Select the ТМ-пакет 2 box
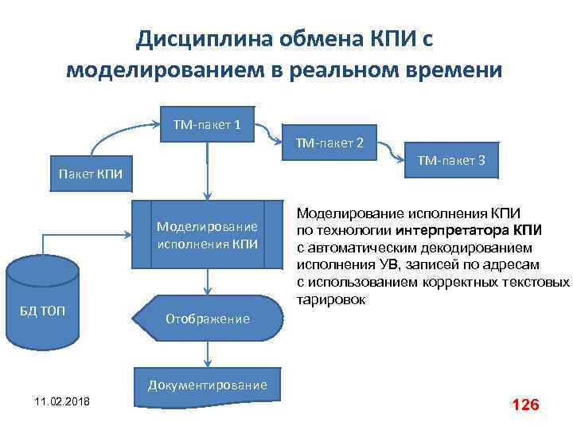tap(329, 143)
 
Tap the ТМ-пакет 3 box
tap(452, 162)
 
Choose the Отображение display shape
tap(209, 319)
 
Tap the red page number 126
tap(526, 405)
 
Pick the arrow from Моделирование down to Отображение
tap(209, 281)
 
